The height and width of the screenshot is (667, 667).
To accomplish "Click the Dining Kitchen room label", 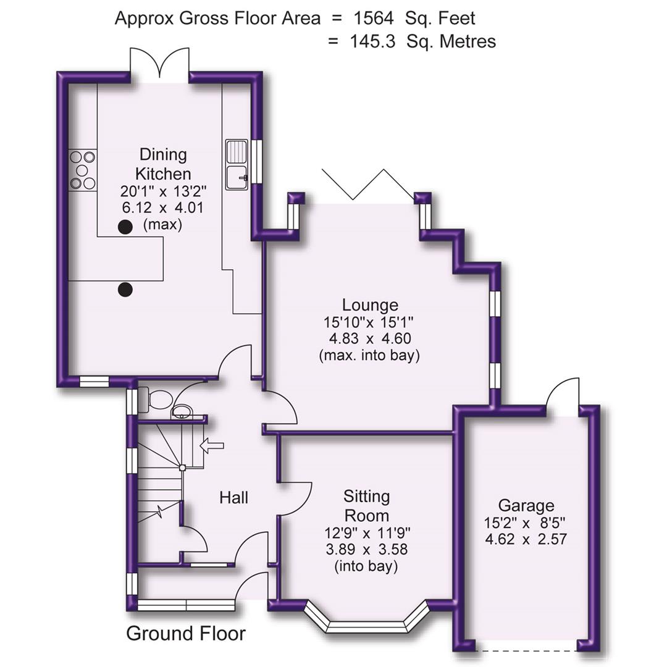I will pos(163,164).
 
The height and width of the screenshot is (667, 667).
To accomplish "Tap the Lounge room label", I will pos(370,305).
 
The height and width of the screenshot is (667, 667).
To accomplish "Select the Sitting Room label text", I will pos(366,506).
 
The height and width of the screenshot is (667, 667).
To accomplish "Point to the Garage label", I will pos(526,506).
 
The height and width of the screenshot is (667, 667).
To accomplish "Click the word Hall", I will pos(234,497).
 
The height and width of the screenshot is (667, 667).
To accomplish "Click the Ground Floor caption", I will pos(186,634).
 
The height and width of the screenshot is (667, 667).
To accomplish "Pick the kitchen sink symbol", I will pos(237,164).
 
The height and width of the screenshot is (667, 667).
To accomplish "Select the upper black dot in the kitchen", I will pos(125,227).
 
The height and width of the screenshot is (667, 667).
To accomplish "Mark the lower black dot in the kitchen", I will pos(125,288).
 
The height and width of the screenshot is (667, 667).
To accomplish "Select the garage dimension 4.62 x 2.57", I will pos(526,538).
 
